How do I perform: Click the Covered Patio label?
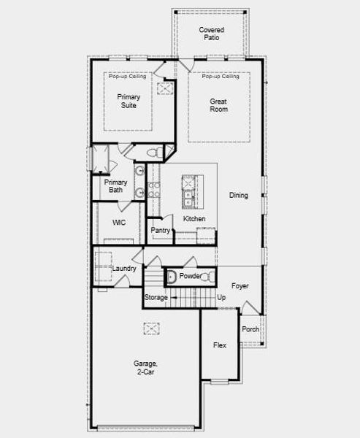212,34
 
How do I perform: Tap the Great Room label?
218,105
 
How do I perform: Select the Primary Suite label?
132,100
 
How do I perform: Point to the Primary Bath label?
115,186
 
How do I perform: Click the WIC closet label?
120,223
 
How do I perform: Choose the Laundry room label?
124,269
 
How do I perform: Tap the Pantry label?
161,231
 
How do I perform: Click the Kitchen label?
194,219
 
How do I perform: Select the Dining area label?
238,195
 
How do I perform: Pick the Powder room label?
190,277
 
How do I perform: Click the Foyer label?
240,286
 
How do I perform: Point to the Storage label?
156,298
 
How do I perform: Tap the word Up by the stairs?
222,298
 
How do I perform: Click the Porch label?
250,329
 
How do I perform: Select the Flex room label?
219,345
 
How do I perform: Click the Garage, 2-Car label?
144,367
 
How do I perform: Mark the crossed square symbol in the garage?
151,330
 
